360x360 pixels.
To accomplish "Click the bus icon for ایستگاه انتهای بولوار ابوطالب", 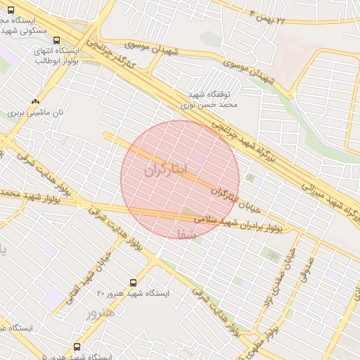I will [56, 41].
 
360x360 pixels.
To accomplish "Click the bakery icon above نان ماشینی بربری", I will [35, 101].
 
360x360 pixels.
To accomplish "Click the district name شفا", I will [184, 233].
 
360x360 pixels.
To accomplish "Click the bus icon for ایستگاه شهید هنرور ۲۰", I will [134, 283].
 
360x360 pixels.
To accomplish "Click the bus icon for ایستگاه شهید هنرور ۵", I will [77, 347].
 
